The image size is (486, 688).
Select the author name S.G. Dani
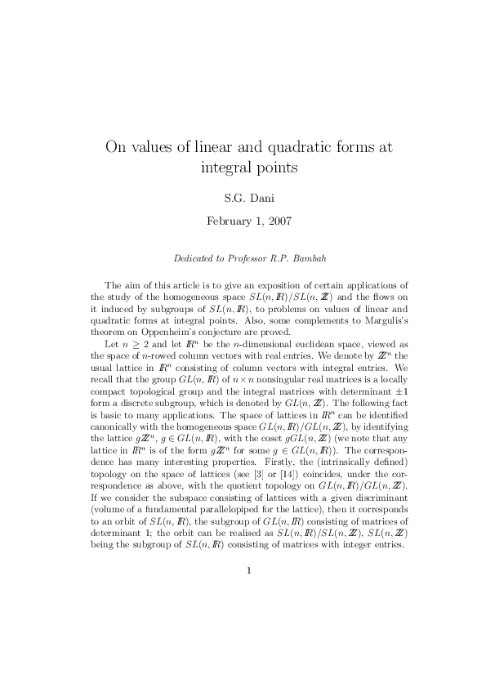(243, 197)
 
